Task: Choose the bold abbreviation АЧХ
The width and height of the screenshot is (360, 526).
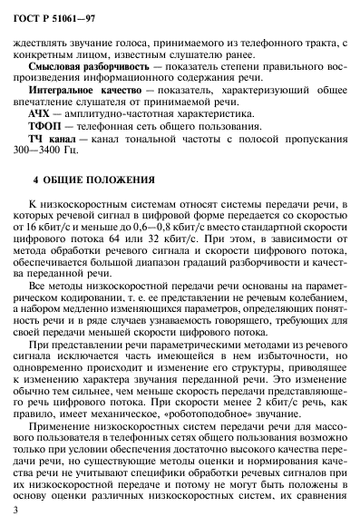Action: [41, 118]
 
